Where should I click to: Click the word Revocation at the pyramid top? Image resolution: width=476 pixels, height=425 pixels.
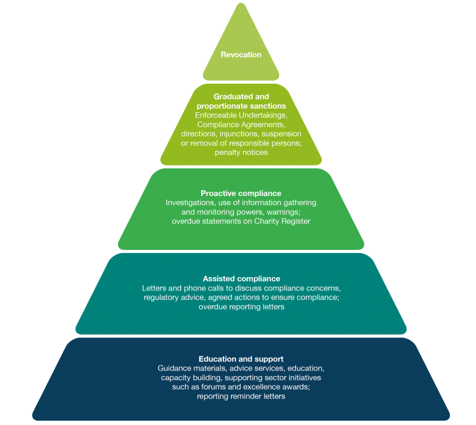[x=241, y=55]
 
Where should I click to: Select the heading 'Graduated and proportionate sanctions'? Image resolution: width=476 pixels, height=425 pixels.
[x=241, y=101]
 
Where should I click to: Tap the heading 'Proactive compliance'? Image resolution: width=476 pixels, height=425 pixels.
[x=241, y=193]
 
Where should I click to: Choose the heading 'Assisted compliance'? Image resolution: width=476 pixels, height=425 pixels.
[x=241, y=278]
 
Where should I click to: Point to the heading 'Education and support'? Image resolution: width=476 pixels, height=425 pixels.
[x=241, y=359]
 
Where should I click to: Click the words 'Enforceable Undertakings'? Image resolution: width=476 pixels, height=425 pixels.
[x=241, y=115]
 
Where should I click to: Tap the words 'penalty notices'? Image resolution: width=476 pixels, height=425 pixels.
[x=241, y=153]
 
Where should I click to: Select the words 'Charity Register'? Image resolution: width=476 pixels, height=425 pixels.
[x=284, y=221]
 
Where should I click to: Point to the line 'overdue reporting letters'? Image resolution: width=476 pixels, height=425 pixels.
[x=241, y=307]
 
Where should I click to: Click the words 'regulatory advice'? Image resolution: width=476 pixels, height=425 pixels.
[x=173, y=297]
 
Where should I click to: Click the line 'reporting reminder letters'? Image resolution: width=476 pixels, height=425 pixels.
[x=241, y=396]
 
